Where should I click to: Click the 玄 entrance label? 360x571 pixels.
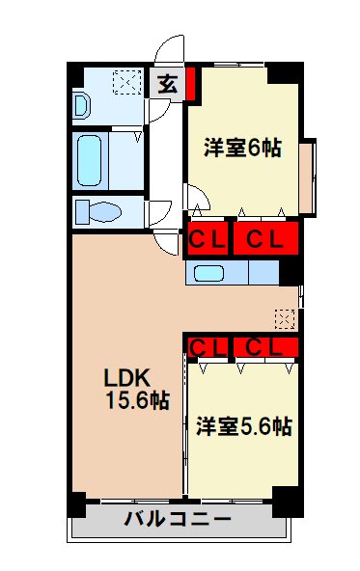pyautogui.click(x=168, y=84)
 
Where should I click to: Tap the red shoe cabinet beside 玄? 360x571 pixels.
pyautogui.click(x=190, y=84)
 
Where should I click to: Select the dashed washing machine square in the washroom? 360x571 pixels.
pyautogui.click(x=125, y=83)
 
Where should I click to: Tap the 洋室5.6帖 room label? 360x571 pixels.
pyautogui.click(x=245, y=425)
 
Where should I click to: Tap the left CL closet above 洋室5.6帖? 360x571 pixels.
pyautogui.click(x=208, y=345)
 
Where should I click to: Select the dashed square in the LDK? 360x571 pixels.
pyautogui.click(x=284, y=316)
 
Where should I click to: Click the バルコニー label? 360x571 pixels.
pyautogui.click(x=178, y=522)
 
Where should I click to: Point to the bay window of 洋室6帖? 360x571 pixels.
pyautogui.click(x=307, y=177)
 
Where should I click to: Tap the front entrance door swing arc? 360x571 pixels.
pyautogui.click(x=171, y=48)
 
